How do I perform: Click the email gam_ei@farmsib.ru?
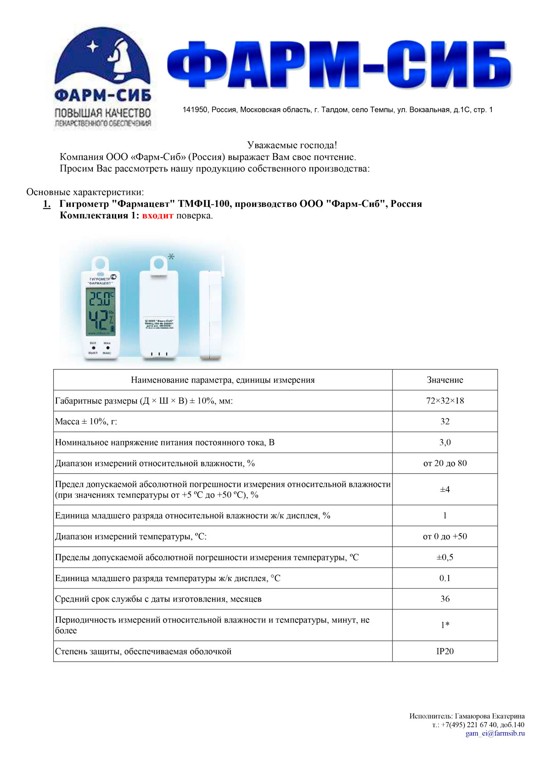(495, 733)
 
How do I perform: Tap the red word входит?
(157, 216)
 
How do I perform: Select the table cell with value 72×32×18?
(444, 401)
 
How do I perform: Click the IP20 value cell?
(444, 651)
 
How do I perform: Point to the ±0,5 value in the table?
(444, 557)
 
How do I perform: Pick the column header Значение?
(444, 380)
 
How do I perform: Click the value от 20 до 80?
(444, 463)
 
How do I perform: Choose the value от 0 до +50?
(444, 536)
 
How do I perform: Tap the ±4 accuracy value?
(444, 490)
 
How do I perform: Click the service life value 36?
(444, 599)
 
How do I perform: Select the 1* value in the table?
(444, 625)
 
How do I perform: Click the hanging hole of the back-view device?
(159, 264)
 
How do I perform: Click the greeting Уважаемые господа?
(292, 145)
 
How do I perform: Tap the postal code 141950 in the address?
(195, 110)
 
